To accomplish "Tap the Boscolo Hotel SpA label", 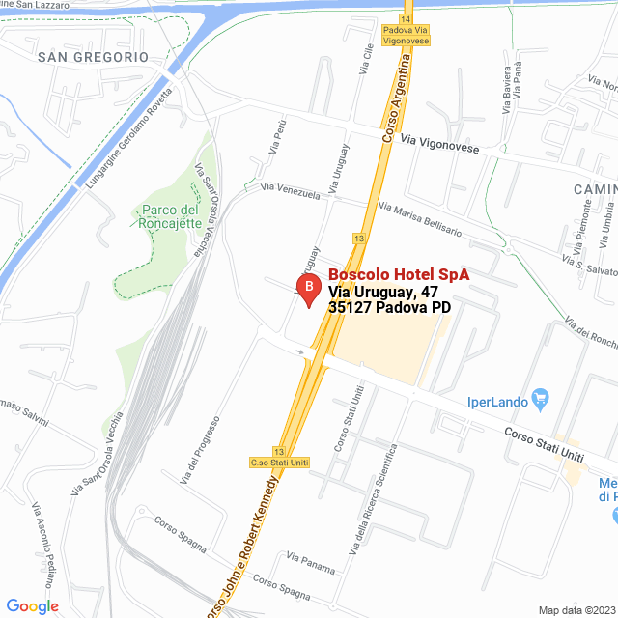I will coord(399,275).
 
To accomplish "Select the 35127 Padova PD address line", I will coord(390,308).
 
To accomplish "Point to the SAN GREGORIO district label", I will coord(93,57).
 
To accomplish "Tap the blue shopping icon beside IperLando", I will coord(541,396).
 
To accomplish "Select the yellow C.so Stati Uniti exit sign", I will coord(279,463).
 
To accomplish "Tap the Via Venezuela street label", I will coord(290,193).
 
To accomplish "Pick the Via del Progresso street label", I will coord(201,449).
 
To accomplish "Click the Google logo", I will coord(32,606).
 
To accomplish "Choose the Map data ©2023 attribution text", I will coord(576,609).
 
